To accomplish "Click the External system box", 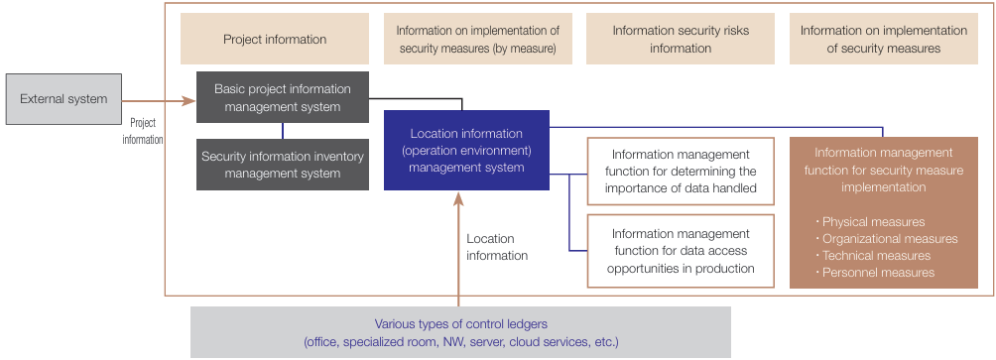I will pyautogui.click(x=63, y=98).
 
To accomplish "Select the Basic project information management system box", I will pyautogui.click(x=283, y=97).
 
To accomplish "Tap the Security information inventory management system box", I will pyautogui.click(x=283, y=165).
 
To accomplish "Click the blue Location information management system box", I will pyautogui.click(x=465, y=150).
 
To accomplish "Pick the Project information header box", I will pyautogui.click(x=275, y=40).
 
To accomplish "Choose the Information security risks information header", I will pyautogui.click(x=681, y=40).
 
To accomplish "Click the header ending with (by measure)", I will pyautogui.click(x=477, y=40).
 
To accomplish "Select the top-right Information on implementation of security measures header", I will pyautogui.click(x=884, y=40).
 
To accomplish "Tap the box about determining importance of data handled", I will pyautogui.click(x=681, y=171).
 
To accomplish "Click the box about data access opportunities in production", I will pyautogui.click(x=681, y=251).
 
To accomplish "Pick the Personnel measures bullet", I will pyautogui.click(x=878, y=273).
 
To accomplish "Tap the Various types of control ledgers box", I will pyautogui.click(x=460, y=332).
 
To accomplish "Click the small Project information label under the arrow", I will pyautogui.click(x=143, y=131).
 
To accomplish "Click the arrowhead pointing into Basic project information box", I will pyautogui.click(x=188, y=99).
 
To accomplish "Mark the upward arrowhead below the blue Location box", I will pyautogui.click(x=459, y=198).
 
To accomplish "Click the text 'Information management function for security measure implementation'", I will pyautogui.click(x=883, y=169).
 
